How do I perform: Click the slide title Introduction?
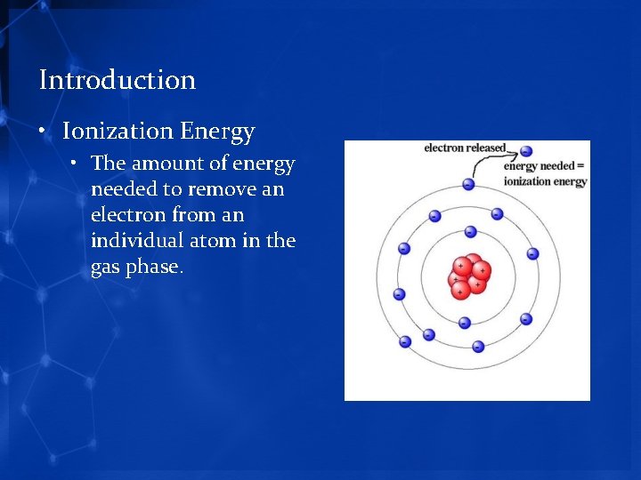[x=118, y=80]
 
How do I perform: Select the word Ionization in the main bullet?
[x=118, y=132]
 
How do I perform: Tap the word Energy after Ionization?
[x=217, y=132]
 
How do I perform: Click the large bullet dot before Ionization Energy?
[x=43, y=132]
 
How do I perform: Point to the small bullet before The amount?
[x=77, y=164]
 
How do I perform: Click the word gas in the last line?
[x=107, y=267]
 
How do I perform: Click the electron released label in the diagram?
[x=464, y=148]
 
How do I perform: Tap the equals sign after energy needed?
[x=580, y=166]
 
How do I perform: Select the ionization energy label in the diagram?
[x=545, y=181]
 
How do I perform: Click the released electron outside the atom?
[x=526, y=151]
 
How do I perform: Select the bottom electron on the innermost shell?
[x=464, y=323]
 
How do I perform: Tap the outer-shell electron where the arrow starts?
[x=468, y=184]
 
